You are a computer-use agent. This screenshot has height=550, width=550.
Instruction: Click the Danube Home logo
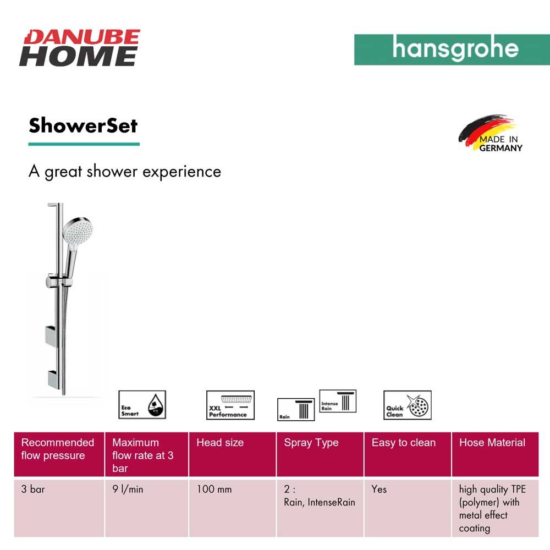80,48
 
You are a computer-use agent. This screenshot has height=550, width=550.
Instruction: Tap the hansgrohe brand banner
452,50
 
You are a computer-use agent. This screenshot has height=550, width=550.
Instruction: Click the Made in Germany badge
491,133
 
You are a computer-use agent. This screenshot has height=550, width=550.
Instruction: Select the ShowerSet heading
83,125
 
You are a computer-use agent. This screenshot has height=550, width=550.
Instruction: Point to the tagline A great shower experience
125,172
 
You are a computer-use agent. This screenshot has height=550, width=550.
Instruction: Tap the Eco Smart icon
142,405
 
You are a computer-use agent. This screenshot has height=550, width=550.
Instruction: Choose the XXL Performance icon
230,405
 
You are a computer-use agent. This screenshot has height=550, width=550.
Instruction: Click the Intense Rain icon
338,401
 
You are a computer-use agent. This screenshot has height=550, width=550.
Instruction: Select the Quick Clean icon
407,405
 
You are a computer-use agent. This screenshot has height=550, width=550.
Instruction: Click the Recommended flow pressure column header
59,454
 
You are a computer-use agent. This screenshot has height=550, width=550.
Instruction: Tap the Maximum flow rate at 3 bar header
147,454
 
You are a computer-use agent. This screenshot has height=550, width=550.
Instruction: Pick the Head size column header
232,454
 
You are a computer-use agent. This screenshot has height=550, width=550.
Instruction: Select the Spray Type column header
320,454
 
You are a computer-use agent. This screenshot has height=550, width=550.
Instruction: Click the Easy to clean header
408,454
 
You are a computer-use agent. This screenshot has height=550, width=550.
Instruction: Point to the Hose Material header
496,454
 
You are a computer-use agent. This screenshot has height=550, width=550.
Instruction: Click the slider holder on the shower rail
59,281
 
